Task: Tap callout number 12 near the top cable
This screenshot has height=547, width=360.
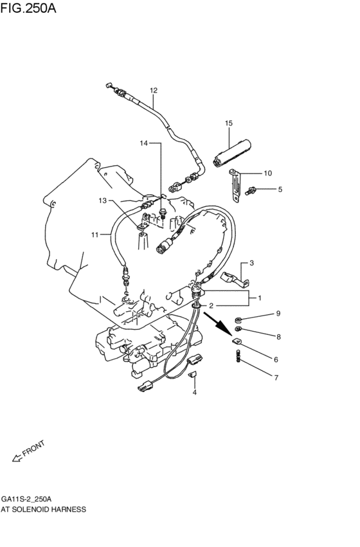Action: (x=154, y=90)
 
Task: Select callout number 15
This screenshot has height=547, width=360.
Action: (x=228, y=122)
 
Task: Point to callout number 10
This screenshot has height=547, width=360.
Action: (x=268, y=173)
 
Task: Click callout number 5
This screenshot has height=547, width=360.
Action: (x=280, y=190)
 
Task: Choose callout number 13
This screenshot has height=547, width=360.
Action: (x=102, y=201)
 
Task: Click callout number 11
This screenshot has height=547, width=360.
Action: (x=94, y=235)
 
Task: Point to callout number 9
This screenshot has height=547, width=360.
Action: (x=278, y=314)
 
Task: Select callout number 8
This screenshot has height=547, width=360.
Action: (x=278, y=336)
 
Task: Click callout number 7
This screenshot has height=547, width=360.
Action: (x=277, y=378)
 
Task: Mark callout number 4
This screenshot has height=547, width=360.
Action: (x=194, y=392)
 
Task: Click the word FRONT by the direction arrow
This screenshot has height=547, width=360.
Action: (x=33, y=449)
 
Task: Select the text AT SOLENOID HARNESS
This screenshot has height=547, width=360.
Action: (x=43, y=508)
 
